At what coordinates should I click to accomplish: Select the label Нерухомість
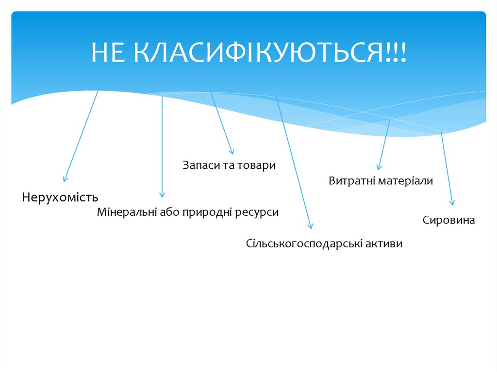point(60,197)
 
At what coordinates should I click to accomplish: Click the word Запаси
point(201,165)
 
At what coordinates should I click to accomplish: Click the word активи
point(384,243)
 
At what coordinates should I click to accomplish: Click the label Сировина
point(448,220)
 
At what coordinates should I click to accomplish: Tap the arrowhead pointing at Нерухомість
point(65,179)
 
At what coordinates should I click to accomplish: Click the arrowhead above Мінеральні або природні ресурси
point(162,194)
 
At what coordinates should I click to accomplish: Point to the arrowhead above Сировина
point(452,203)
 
